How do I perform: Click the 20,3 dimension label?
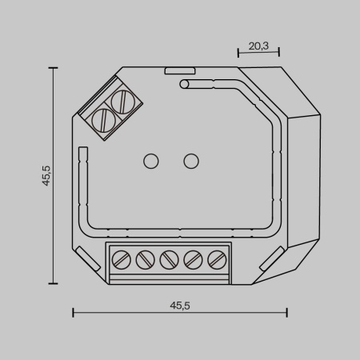tap(258, 46)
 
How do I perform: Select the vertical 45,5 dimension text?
tap(46, 176)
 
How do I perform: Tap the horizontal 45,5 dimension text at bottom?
tap(180, 305)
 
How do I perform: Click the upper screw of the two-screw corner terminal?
tap(122, 102)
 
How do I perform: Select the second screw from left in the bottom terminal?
tap(146, 260)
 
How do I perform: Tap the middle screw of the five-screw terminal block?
tap(169, 260)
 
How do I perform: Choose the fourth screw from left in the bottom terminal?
tap(192, 260)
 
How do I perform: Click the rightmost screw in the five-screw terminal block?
tap(215, 260)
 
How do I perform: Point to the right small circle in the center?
tap(190, 161)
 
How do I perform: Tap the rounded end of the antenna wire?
tap(185, 82)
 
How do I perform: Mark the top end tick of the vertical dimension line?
tap(53, 69)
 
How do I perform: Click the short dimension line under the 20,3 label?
tap(258, 54)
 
